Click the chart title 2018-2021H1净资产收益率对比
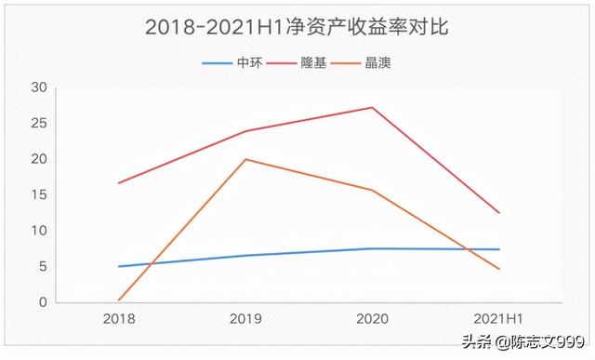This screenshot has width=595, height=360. click(x=297, y=27)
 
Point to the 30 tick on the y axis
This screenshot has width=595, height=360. click(x=37, y=87)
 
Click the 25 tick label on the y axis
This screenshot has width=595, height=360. click(x=37, y=124)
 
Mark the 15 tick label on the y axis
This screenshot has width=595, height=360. click(x=37, y=195)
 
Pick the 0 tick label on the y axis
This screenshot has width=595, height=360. click(x=41, y=302)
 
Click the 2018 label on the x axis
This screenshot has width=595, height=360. click(x=118, y=318)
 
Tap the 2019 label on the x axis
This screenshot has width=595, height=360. click(x=245, y=318)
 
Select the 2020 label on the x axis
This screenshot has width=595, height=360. click(x=372, y=318)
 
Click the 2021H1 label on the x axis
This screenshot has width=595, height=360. click(x=498, y=318)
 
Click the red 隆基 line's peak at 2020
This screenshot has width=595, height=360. click(x=372, y=107)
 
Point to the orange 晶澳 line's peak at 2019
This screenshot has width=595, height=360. click(x=245, y=159)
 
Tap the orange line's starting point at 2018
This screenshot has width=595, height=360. click(x=119, y=300)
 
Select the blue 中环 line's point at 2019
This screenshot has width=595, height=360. click(x=245, y=255)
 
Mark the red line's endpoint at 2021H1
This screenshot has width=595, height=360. click(x=499, y=213)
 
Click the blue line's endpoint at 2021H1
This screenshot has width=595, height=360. click(x=499, y=249)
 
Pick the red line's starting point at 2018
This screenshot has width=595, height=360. click(x=119, y=182)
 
